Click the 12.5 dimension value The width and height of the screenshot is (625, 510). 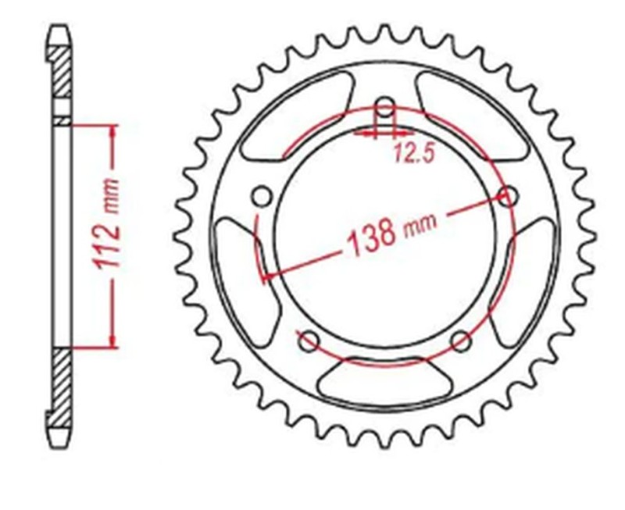pyautogui.click(x=413, y=155)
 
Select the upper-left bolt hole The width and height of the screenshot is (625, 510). pyautogui.click(x=262, y=194)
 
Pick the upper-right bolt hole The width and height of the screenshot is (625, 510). pyautogui.click(x=509, y=196)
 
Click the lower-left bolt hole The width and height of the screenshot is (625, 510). pyautogui.click(x=309, y=340)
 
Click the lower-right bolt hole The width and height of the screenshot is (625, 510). pyautogui.click(x=462, y=341)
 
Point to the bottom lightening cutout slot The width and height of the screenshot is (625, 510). pyautogui.click(x=385, y=380)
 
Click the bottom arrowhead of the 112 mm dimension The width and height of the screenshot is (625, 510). pyautogui.click(x=115, y=340)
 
